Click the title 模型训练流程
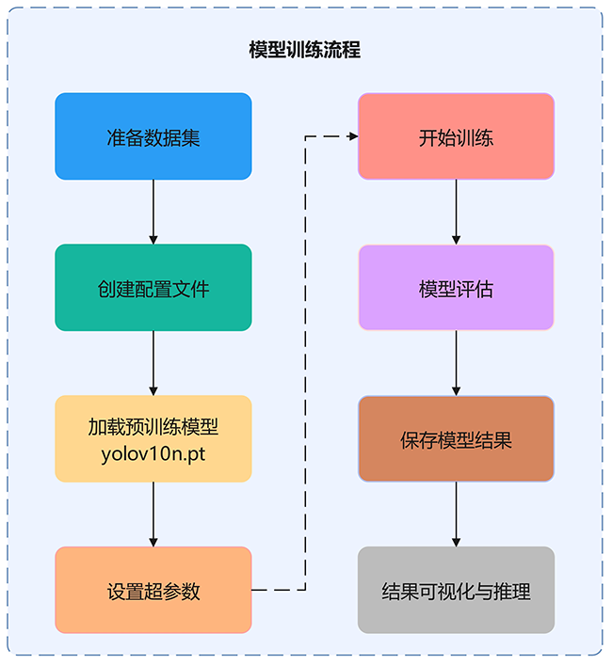click(x=304, y=50)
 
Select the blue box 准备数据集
click(x=153, y=136)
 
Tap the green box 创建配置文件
click(x=153, y=288)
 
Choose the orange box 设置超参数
click(x=153, y=591)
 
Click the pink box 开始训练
click(x=456, y=136)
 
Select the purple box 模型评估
click(x=456, y=288)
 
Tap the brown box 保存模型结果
click(x=456, y=439)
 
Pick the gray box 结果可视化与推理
click(x=456, y=591)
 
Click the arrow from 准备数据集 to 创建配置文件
click(x=153, y=211)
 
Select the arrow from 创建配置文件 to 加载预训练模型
click(x=153, y=362)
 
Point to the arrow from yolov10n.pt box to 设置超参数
click(x=153, y=514)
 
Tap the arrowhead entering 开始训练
click(x=353, y=136)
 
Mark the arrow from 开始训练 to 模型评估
click(x=456, y=211)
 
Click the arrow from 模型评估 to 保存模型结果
click(x=456, y=362)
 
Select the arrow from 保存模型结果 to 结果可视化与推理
click(x=456, y=514)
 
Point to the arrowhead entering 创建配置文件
click(x=153, y=239)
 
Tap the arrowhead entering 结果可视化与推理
click(x=456, y=542)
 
